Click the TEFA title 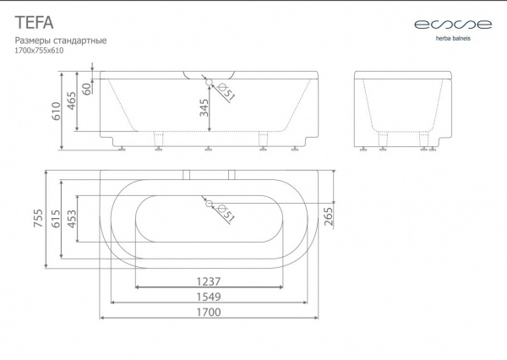point(34,23)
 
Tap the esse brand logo point(453,25)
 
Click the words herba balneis point(453,39)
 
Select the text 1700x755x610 point(39,51)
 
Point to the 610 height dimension point(57,111)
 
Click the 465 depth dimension point(71,101)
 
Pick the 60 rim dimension point(86,89)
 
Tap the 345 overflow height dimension point(204,107)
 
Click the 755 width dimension point(38,218)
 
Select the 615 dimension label point(56,219)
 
